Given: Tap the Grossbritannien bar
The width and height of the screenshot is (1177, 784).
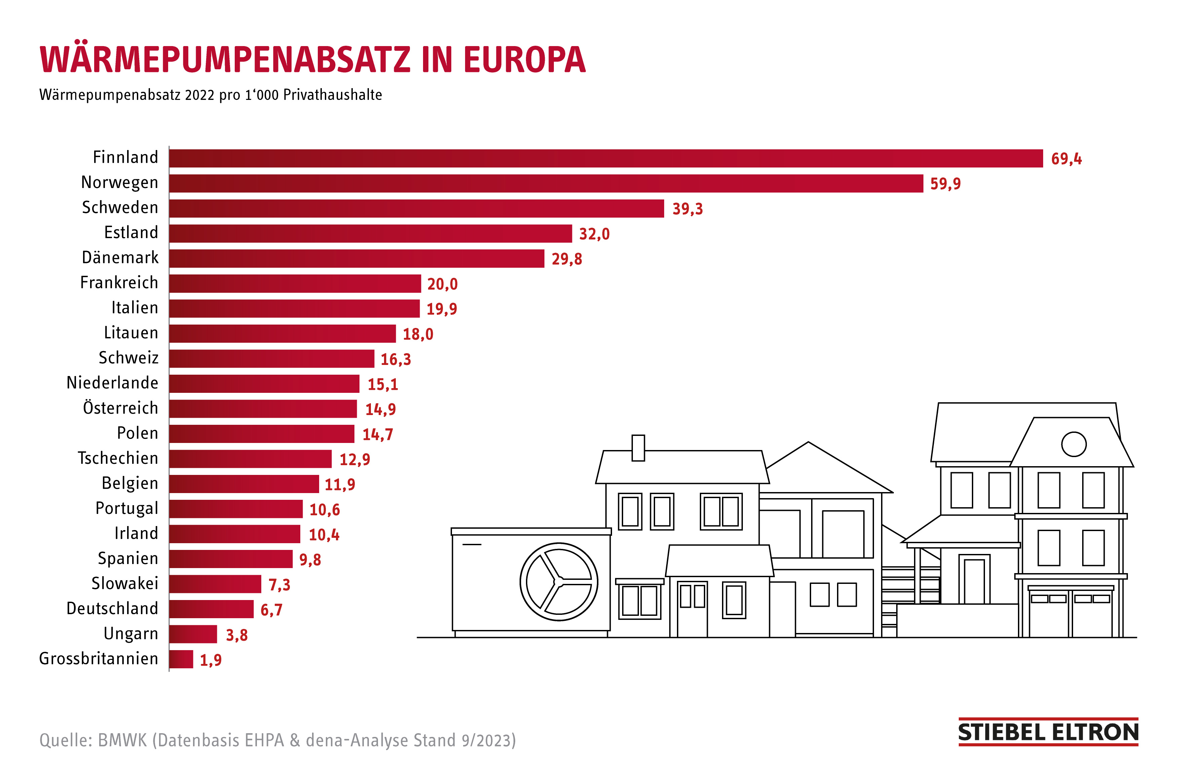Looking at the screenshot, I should [x=181, y=659].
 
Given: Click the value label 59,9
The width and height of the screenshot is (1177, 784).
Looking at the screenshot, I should [x=945, y=184].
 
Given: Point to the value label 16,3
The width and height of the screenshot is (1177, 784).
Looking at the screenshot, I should [x=395, y=359].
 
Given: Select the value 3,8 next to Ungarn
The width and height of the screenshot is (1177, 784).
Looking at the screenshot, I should [x=236, y=635].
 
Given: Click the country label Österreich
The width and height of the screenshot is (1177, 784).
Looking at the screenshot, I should [x=120, y=408].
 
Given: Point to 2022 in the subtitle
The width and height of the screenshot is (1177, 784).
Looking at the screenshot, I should [x=199, y=95].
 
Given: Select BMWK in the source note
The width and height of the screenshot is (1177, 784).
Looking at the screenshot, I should [x=122, y=740].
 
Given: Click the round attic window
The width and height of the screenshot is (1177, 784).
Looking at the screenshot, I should [x=1073, y=444].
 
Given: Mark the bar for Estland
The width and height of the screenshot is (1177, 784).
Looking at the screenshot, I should [x=370, y=233].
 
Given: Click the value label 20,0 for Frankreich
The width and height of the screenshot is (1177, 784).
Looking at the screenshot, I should [x=442, y=284].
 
